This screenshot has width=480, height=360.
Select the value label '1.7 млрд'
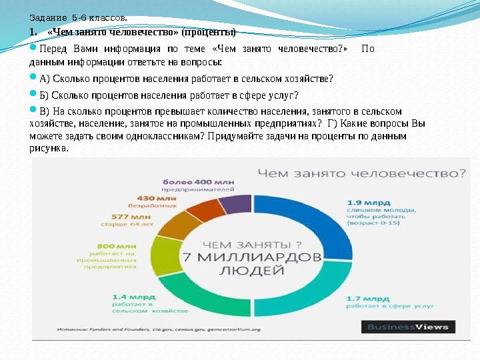[x=367, y=298]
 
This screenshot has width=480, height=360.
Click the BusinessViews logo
[x=409, y=327]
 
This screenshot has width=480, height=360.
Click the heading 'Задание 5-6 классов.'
[x=78, y=18]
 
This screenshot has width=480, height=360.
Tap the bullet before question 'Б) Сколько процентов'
[x=34, y=93]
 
